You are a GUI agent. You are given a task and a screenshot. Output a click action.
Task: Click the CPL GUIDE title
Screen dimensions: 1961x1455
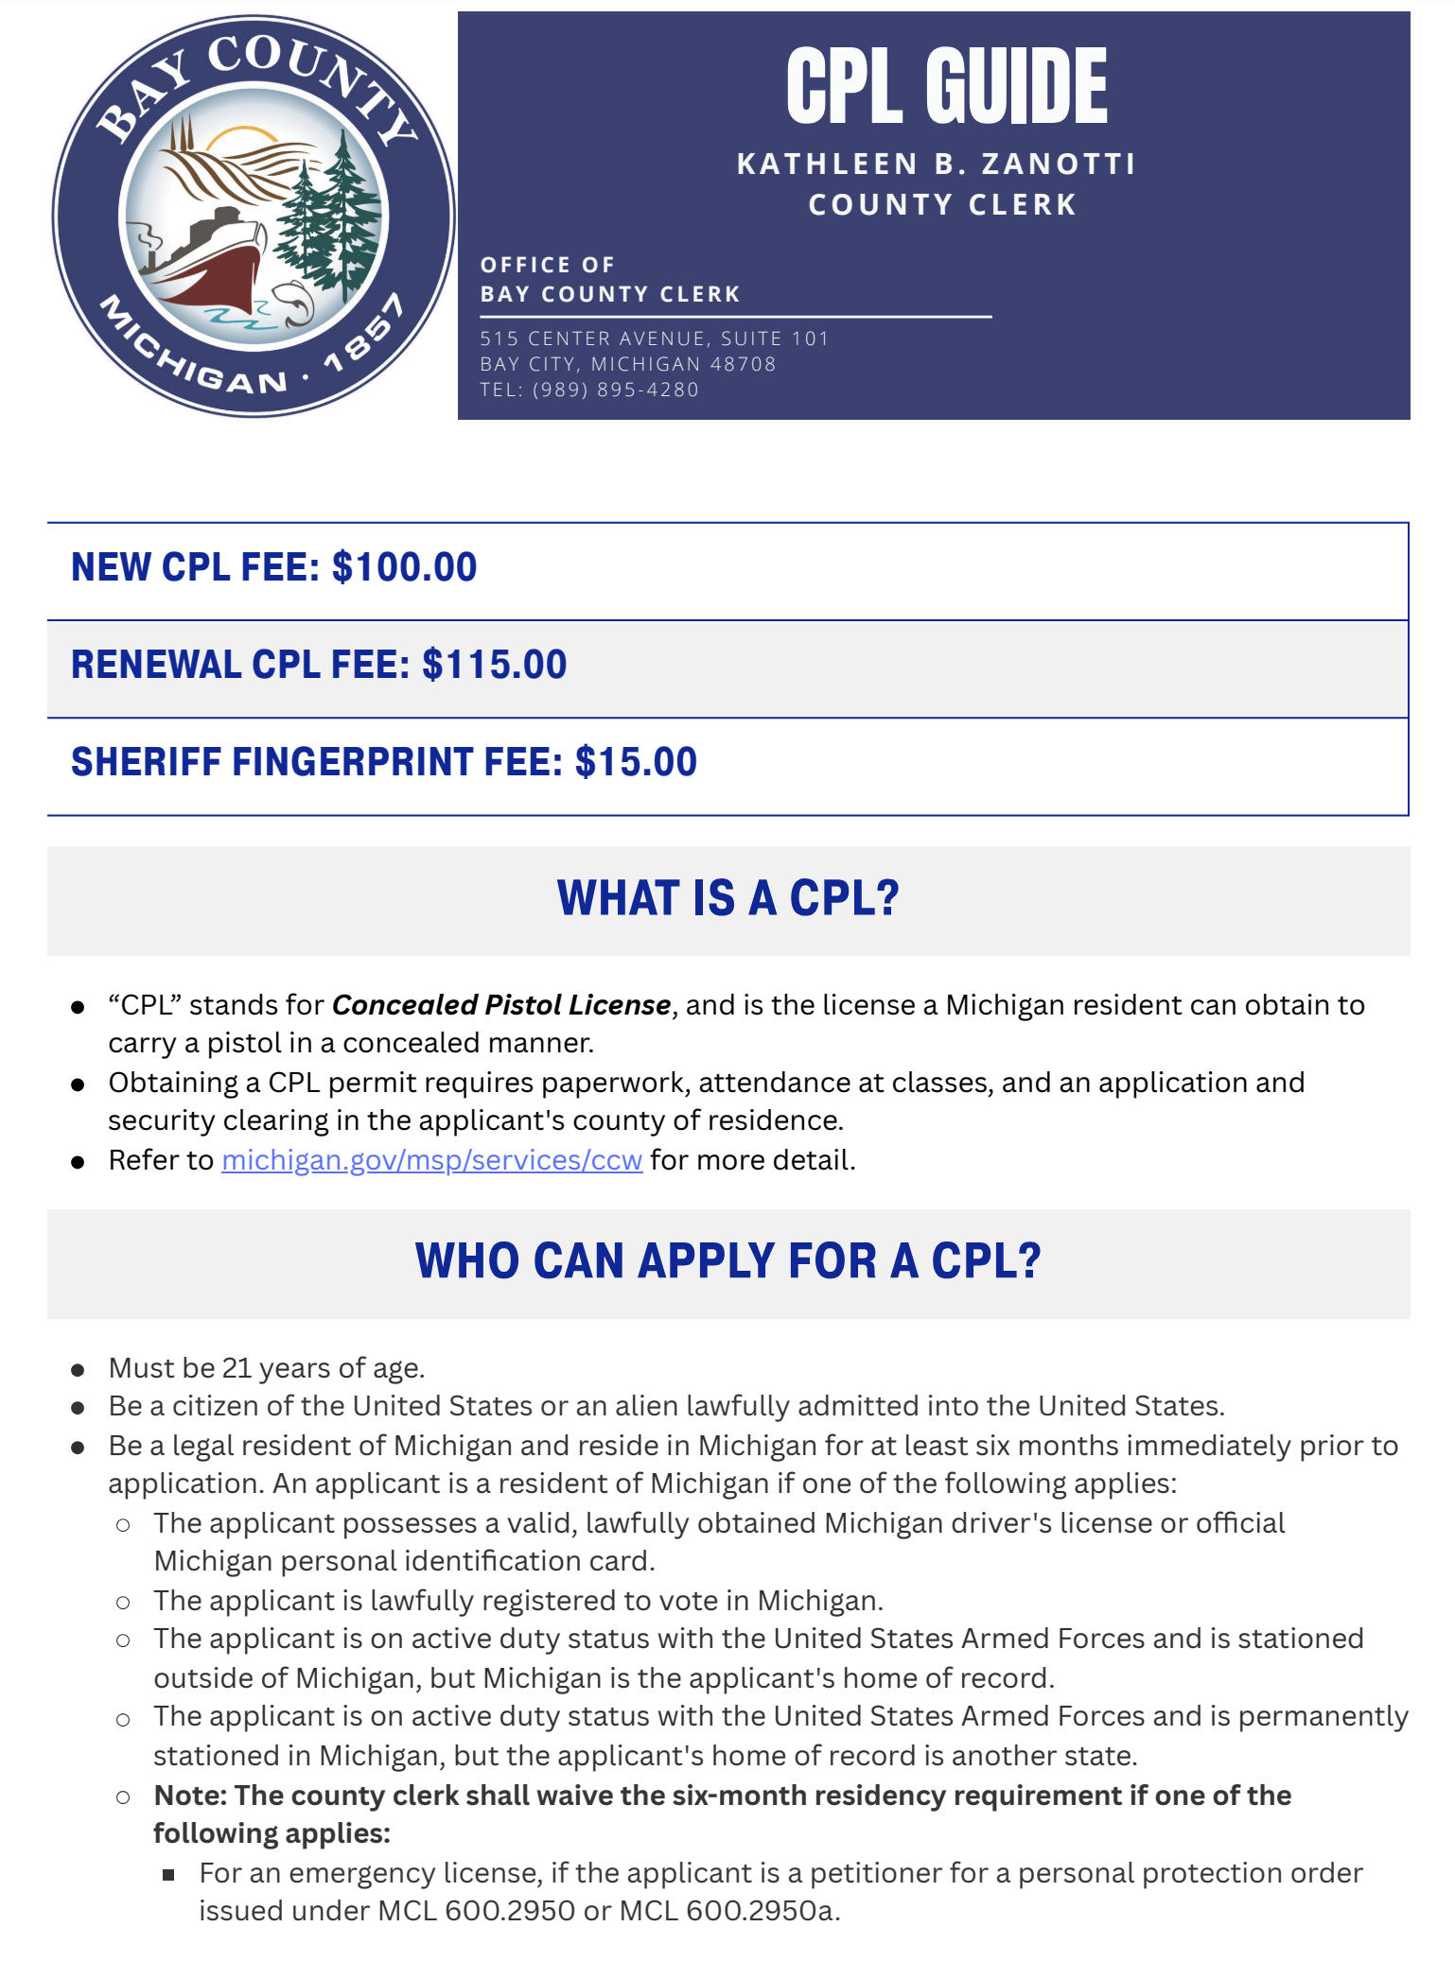[946, 87]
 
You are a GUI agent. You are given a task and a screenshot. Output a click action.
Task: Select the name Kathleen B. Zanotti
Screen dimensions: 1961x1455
[936, 165]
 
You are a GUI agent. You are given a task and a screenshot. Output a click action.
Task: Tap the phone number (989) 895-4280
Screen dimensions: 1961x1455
[615, 390]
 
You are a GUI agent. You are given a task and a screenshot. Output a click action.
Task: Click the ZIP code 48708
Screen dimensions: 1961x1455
[743, 364]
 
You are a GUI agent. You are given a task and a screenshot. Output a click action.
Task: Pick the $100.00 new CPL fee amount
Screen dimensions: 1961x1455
[405, 567]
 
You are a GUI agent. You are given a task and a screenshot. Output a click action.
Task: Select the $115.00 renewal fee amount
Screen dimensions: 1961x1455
[494, 665]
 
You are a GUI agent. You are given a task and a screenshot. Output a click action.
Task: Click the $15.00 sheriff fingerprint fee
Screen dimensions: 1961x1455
[636, 762]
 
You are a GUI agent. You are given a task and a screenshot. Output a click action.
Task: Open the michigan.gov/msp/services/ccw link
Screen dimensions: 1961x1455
[431, 1160]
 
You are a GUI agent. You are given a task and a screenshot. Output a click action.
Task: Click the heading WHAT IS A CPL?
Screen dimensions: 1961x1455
[727, 898]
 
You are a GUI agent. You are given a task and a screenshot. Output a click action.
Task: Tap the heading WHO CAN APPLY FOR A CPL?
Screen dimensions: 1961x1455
[727, 1261]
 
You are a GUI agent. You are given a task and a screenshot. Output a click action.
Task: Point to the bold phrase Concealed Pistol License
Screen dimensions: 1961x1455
[501, 1005]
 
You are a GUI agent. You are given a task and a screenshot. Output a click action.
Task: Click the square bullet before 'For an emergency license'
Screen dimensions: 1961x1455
[168, 1875]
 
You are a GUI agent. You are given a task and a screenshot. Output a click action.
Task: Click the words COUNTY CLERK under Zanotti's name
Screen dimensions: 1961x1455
[942, 205]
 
